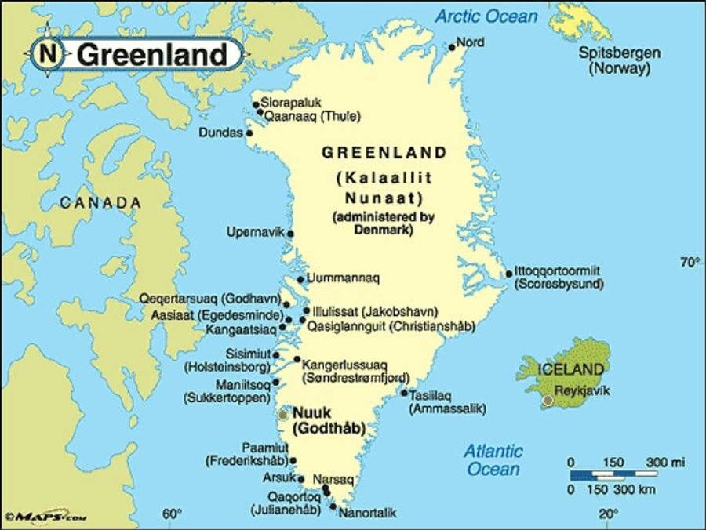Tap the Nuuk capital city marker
(283, 414)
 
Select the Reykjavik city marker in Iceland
(548, 401)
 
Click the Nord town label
(470, 42)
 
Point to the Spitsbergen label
(620, 53)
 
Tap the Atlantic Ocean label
(493, 460)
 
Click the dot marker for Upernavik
(290, 233)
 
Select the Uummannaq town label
(344, 278)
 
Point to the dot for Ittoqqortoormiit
(508, 274)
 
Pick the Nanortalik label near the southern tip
(368, 513)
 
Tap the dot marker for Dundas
(249, 133)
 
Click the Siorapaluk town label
(291, 103)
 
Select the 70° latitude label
(690, 262)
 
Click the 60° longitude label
(172, 514)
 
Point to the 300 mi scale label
(665, 463)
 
